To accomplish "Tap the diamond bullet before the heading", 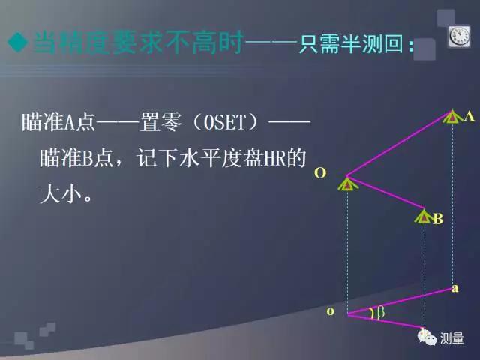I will tap(16, 43).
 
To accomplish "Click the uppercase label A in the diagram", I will tap(469, 116).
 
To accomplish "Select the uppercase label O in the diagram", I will tap(320, 173).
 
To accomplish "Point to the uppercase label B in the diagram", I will tap(438, 219).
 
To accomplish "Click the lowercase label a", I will tap(454, 287).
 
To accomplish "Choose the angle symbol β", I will tap(379, 313).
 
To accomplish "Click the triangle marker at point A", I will tap(451, 115).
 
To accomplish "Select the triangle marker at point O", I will tap(347, 182).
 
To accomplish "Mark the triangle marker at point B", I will tap(424, 216).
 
